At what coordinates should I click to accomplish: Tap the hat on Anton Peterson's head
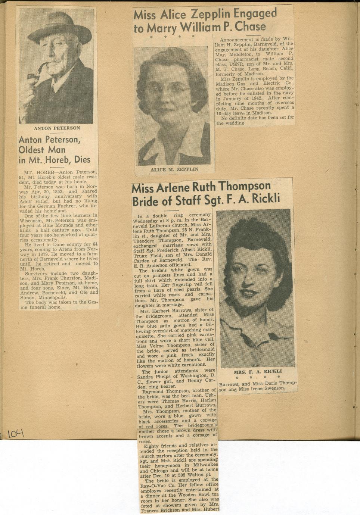(x=59, y=28)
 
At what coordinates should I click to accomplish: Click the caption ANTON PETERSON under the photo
(x=57, y=128)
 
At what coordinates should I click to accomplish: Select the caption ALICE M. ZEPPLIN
(x=174, y=169)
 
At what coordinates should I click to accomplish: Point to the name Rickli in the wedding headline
(x=266, y=199)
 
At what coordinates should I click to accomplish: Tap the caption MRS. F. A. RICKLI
(x=258, y=372)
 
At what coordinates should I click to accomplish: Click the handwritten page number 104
(x=15, y=433)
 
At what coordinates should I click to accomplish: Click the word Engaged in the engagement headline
(x=255, y=14)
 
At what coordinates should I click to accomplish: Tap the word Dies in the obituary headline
(x=82, y=160)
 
